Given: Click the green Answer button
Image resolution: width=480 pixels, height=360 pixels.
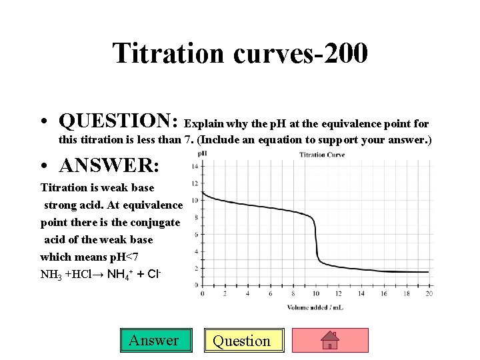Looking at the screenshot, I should tap(154, 341).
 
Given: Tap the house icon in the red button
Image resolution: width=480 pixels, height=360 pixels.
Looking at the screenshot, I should tap(331, 341).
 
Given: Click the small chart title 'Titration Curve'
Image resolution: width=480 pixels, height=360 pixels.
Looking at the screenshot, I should tap(322, 155).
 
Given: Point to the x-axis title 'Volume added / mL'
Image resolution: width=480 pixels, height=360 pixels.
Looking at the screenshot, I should tap(315, 307).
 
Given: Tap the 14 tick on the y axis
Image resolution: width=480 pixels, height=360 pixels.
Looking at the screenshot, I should tap(194, 166).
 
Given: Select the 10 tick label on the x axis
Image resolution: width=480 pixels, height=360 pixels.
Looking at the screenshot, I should tap(316, 293).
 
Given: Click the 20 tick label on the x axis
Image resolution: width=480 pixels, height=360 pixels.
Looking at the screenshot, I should tap(429, 293).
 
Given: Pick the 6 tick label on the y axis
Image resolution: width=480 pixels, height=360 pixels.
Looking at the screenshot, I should tap(195, 234).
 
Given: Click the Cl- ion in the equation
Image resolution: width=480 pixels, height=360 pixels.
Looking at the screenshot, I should tap(155, 273).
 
